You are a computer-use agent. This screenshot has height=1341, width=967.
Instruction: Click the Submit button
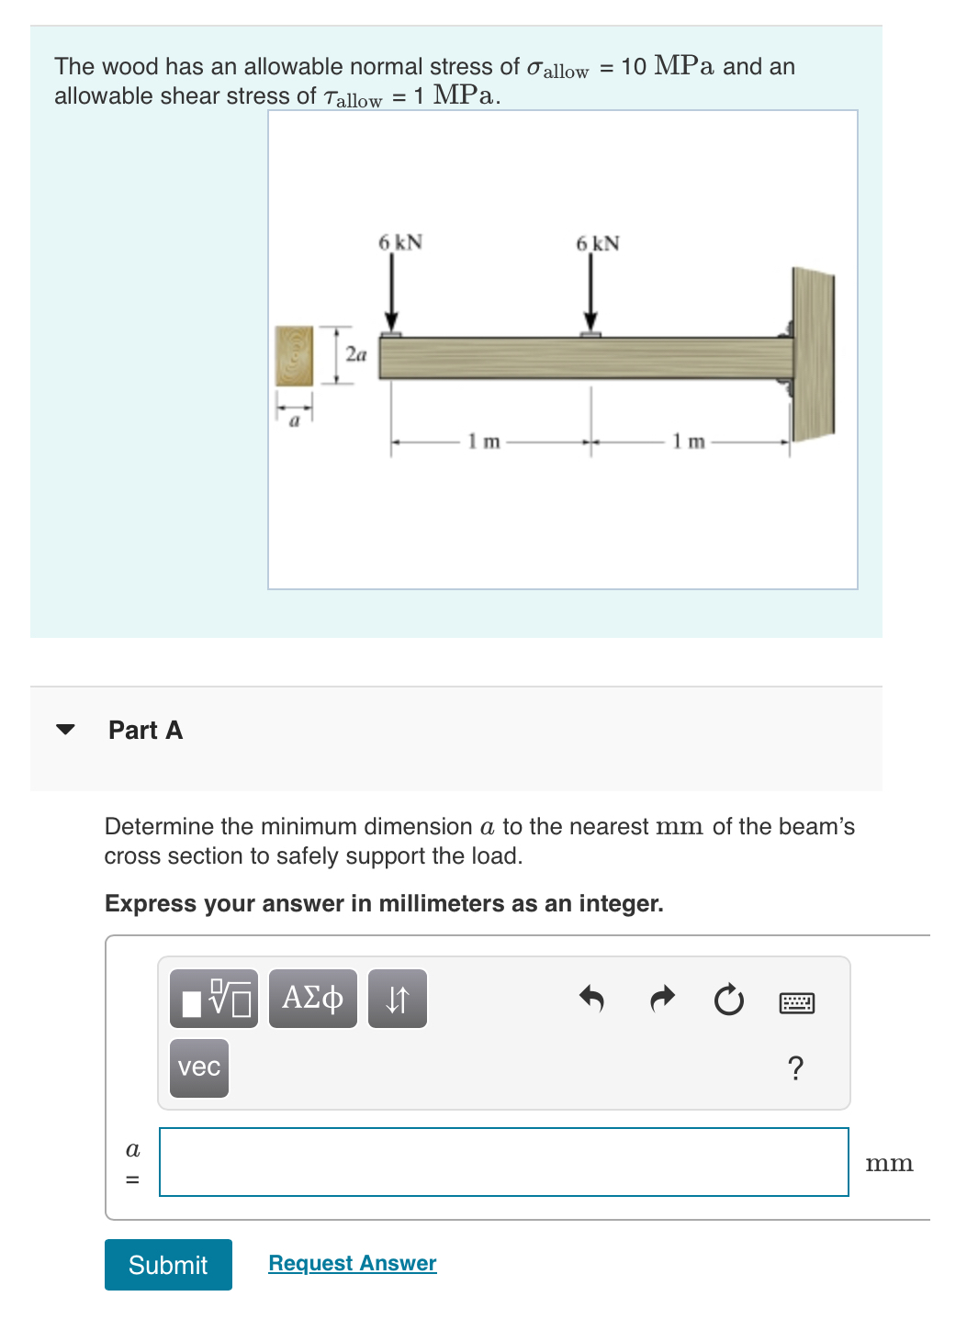pos(168,1265)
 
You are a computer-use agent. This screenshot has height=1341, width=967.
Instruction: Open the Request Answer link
pos(352,1263)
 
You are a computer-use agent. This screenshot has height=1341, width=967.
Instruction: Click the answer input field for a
pos(503,1162)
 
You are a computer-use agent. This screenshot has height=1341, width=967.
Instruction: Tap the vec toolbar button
pos(199,1067)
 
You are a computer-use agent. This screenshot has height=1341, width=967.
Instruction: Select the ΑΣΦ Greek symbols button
pos(312,999)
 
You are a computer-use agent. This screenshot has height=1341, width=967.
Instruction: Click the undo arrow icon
pos(591,999)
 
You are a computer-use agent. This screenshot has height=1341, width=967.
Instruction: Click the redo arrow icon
pos(661,999)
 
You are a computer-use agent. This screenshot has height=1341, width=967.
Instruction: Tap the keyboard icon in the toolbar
pos(796,1002)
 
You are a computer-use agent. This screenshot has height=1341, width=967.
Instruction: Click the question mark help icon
pos(795,1068)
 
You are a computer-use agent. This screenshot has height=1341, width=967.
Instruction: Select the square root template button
pos(214,999)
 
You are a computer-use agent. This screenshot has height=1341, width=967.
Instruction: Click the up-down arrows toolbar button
pos(397,999)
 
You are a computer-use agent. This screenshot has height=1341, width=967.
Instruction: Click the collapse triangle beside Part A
pos(65,730)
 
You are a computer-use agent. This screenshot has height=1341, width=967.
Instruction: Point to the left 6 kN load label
pos(400,242)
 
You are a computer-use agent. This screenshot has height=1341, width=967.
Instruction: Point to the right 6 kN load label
pos(598,243)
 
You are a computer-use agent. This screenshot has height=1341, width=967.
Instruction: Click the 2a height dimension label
pos(355,353)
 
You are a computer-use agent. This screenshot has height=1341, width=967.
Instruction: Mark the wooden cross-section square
pos(295,356)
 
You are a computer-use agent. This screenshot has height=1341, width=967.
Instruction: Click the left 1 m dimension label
pos(484,441)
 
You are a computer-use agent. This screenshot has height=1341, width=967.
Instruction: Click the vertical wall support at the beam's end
pos(814,355)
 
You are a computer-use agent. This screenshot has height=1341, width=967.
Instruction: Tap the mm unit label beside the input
pos(889,1164)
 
